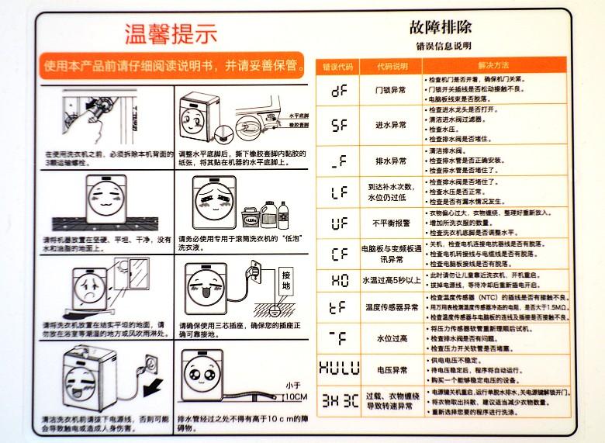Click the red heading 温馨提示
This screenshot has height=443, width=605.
(x=171, y=33)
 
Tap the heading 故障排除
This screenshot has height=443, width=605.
(x=441, y=28)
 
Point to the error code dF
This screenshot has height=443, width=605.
(x=339, y=90)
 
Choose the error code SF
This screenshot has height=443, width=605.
(x=339, y=125)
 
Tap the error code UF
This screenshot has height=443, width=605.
(x=339, y=223)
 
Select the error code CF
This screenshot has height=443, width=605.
(x=339, y=253)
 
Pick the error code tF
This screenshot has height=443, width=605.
(x=339, y=307)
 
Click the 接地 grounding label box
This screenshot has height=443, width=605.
(x=286, y=280)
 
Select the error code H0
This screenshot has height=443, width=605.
(x=339, y=280)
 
